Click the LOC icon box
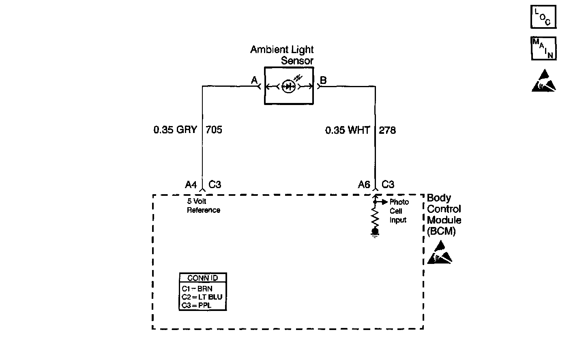(543, 17)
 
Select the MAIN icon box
(543, 48)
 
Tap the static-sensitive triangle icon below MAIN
(543, 81)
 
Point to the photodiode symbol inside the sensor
(288, 86)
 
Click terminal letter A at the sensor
(254, 80)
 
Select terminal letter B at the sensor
(323, 80)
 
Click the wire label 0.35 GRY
(175, 130)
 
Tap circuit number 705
(214, 130)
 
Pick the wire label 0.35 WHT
(348, 130)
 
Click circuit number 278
(387, 130)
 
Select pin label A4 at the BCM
(191, 185)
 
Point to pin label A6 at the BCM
(364, 185)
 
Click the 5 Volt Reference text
(203, 206)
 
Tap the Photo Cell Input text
(399, 211)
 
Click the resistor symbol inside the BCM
(375, 218)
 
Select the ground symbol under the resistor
(375, 233)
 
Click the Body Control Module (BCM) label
(444, 214)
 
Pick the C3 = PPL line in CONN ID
(197, 305)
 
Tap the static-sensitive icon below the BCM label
(439, 253)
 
